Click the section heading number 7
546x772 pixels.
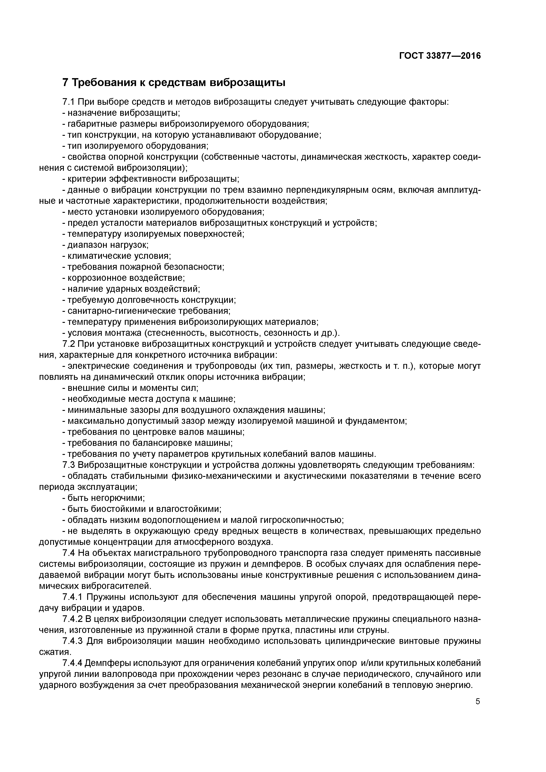point(66,82)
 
